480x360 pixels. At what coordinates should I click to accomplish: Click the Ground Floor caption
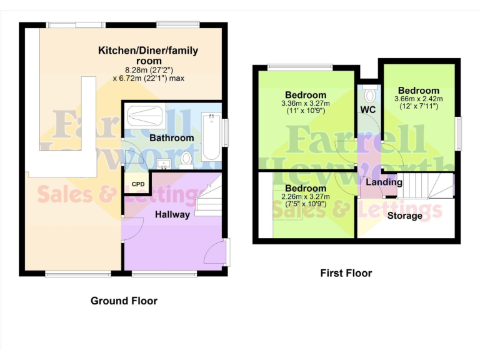pyautogui.click(x=124, y=301)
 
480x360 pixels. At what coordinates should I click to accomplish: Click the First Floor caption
pyautogui.click(x=346, y=273)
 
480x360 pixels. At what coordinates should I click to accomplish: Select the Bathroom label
pyautogui.click(x=172, y=137)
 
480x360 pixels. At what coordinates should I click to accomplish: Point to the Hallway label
pyautogui.click(x=172, y=214)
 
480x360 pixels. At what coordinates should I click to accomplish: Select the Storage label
pyautogui.click(x=405, y=216)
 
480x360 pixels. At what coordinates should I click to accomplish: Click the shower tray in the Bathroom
pyautogui.click(x=144, y=116)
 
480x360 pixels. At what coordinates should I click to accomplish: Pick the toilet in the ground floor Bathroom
pyautogui.click(x=186, y=160)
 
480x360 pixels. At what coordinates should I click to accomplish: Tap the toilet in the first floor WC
pyautogui.click(x=369, y=96)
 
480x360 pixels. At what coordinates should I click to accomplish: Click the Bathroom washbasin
pyautogui.click(x=164, y=164)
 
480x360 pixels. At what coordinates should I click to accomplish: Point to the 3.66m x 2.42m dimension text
pyautogui.click(x=418, y=102)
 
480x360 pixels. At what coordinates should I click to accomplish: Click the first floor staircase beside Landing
pyautogui.click(x=425, y=186)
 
